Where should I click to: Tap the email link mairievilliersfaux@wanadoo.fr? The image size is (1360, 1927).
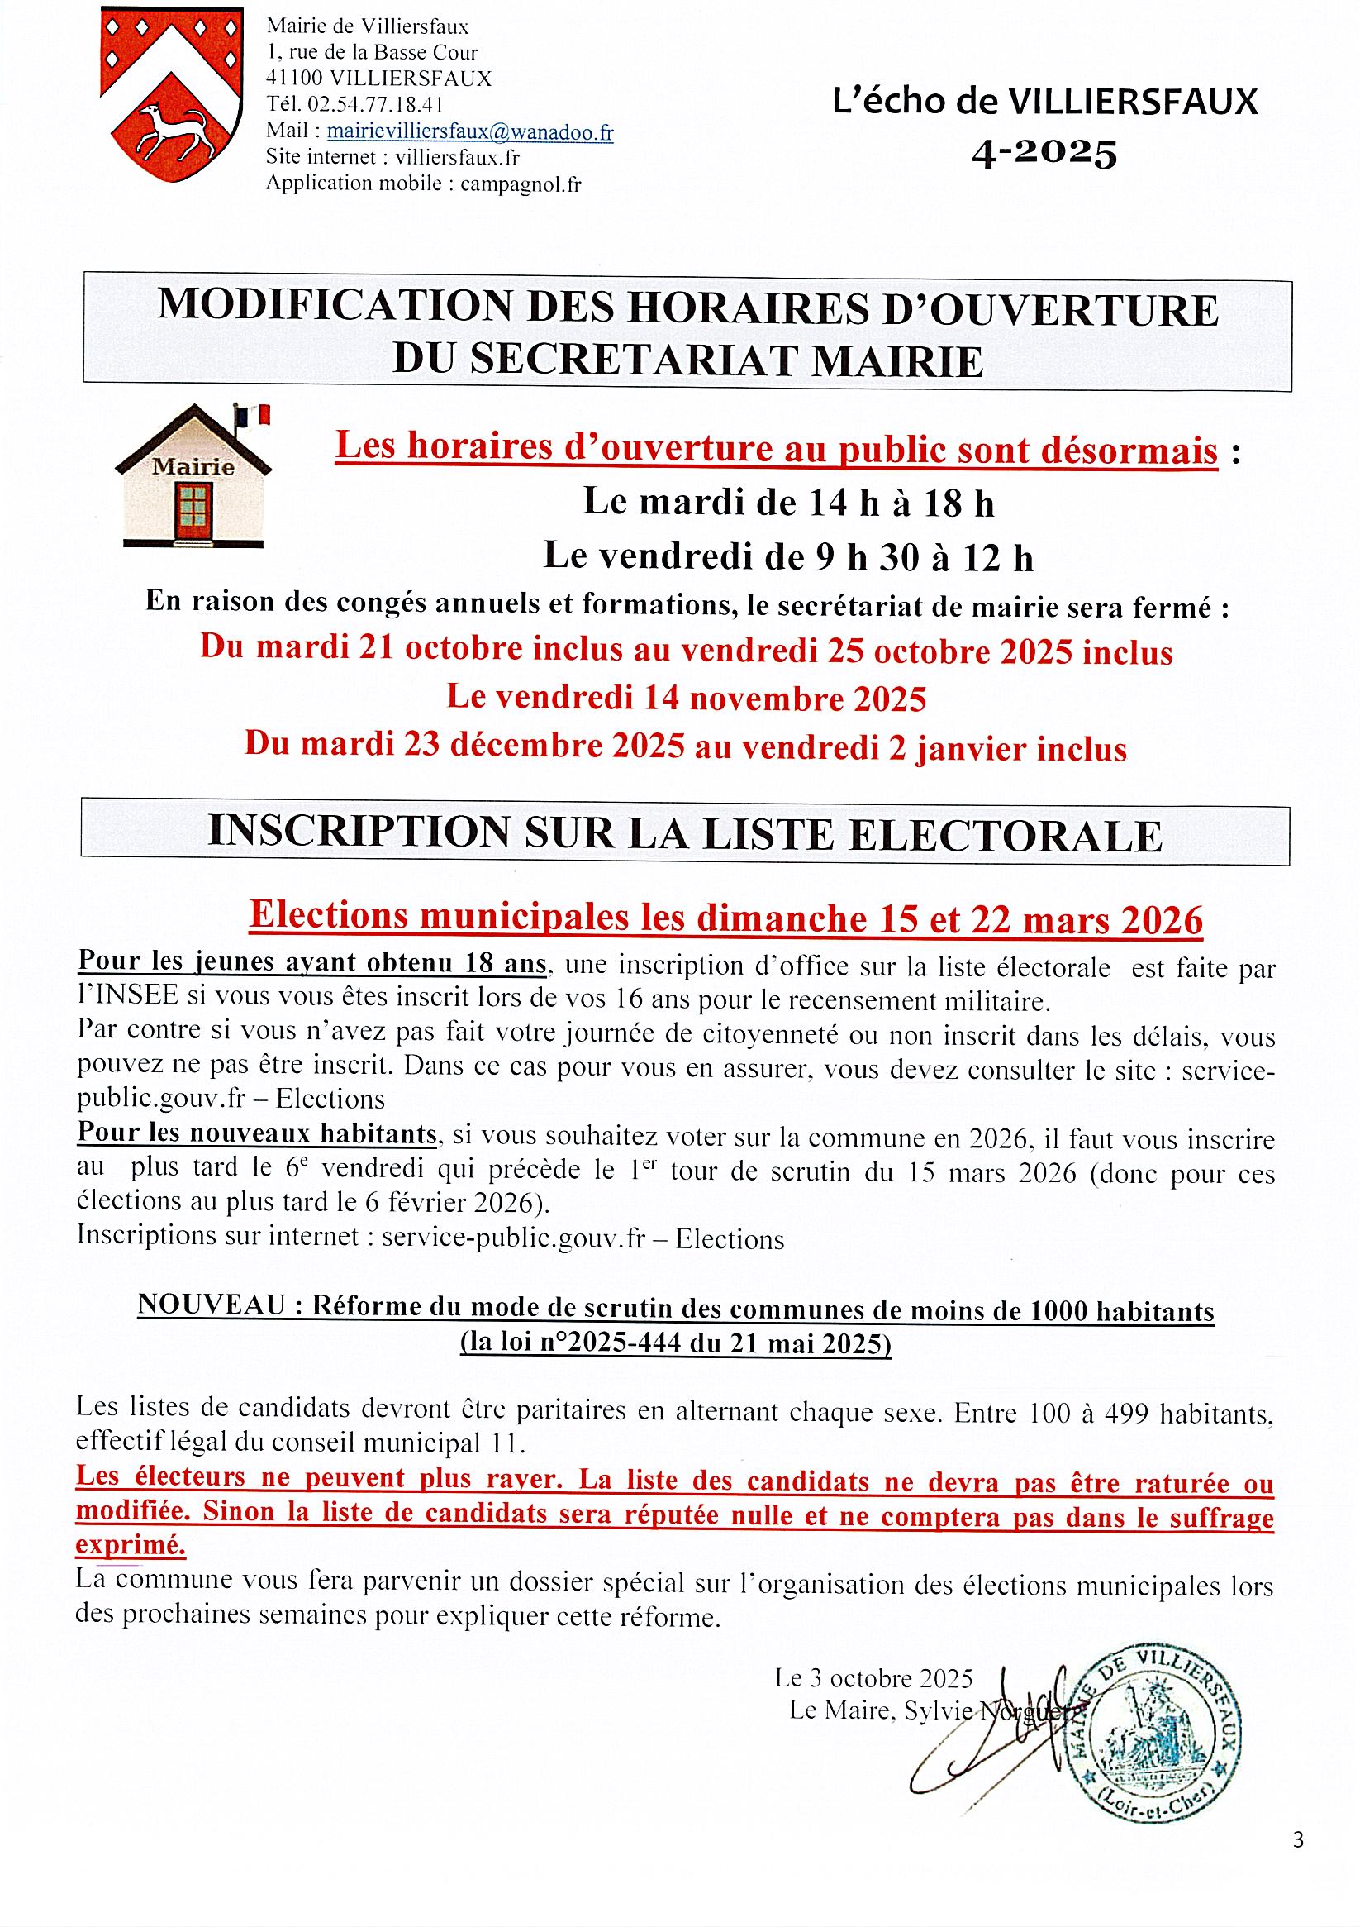(470, 131)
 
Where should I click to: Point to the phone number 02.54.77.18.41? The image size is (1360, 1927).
(375, 105)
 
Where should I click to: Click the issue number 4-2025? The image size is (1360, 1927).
(1044, 154)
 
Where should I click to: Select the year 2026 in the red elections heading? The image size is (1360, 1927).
(1161, 921)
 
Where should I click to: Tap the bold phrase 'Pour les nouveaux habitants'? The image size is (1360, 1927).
(258, 1133)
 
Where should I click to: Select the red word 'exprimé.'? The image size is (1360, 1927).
(131, 1543)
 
